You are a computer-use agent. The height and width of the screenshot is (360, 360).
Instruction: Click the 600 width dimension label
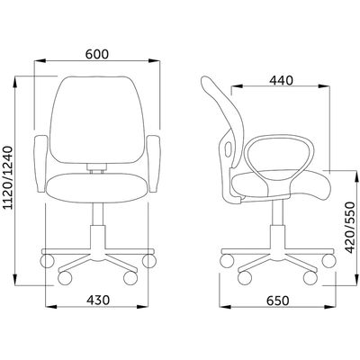96,54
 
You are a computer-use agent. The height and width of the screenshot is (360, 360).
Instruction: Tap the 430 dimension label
98,300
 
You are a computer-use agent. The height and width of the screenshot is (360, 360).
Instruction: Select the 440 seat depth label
281,80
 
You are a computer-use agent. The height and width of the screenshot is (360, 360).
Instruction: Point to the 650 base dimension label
278,301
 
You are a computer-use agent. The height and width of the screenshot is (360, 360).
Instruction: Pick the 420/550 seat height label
350,228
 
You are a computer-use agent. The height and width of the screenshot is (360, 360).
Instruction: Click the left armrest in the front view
41,163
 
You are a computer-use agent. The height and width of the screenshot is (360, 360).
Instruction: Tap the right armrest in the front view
154,163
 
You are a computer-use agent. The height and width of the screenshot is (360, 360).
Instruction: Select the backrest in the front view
97,120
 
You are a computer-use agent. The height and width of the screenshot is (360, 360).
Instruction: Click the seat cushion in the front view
97,187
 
